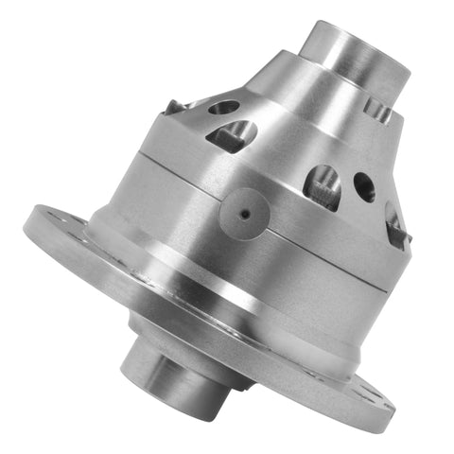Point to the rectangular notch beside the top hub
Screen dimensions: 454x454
378,111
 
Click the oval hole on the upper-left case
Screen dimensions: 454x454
223,108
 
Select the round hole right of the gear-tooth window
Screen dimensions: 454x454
364,186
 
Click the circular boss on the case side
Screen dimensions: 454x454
244,214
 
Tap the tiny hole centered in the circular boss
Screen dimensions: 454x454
244,214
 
